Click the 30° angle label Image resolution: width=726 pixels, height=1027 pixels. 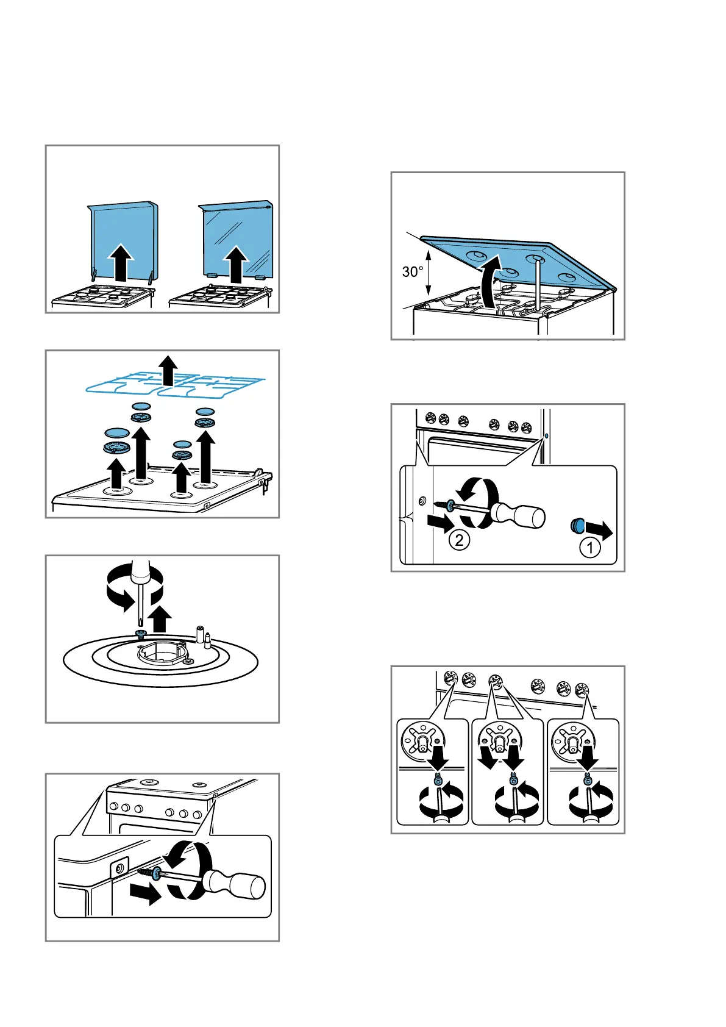point(413,272)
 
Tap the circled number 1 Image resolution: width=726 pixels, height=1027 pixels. point(589,548)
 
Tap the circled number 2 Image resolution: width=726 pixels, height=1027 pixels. point(459,539)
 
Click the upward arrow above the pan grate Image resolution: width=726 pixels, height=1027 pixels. point(168,370)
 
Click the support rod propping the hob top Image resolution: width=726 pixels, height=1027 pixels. point(536,283)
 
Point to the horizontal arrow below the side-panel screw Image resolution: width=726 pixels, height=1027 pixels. point(145,894)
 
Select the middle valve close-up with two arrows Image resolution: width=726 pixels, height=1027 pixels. point(507,771)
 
